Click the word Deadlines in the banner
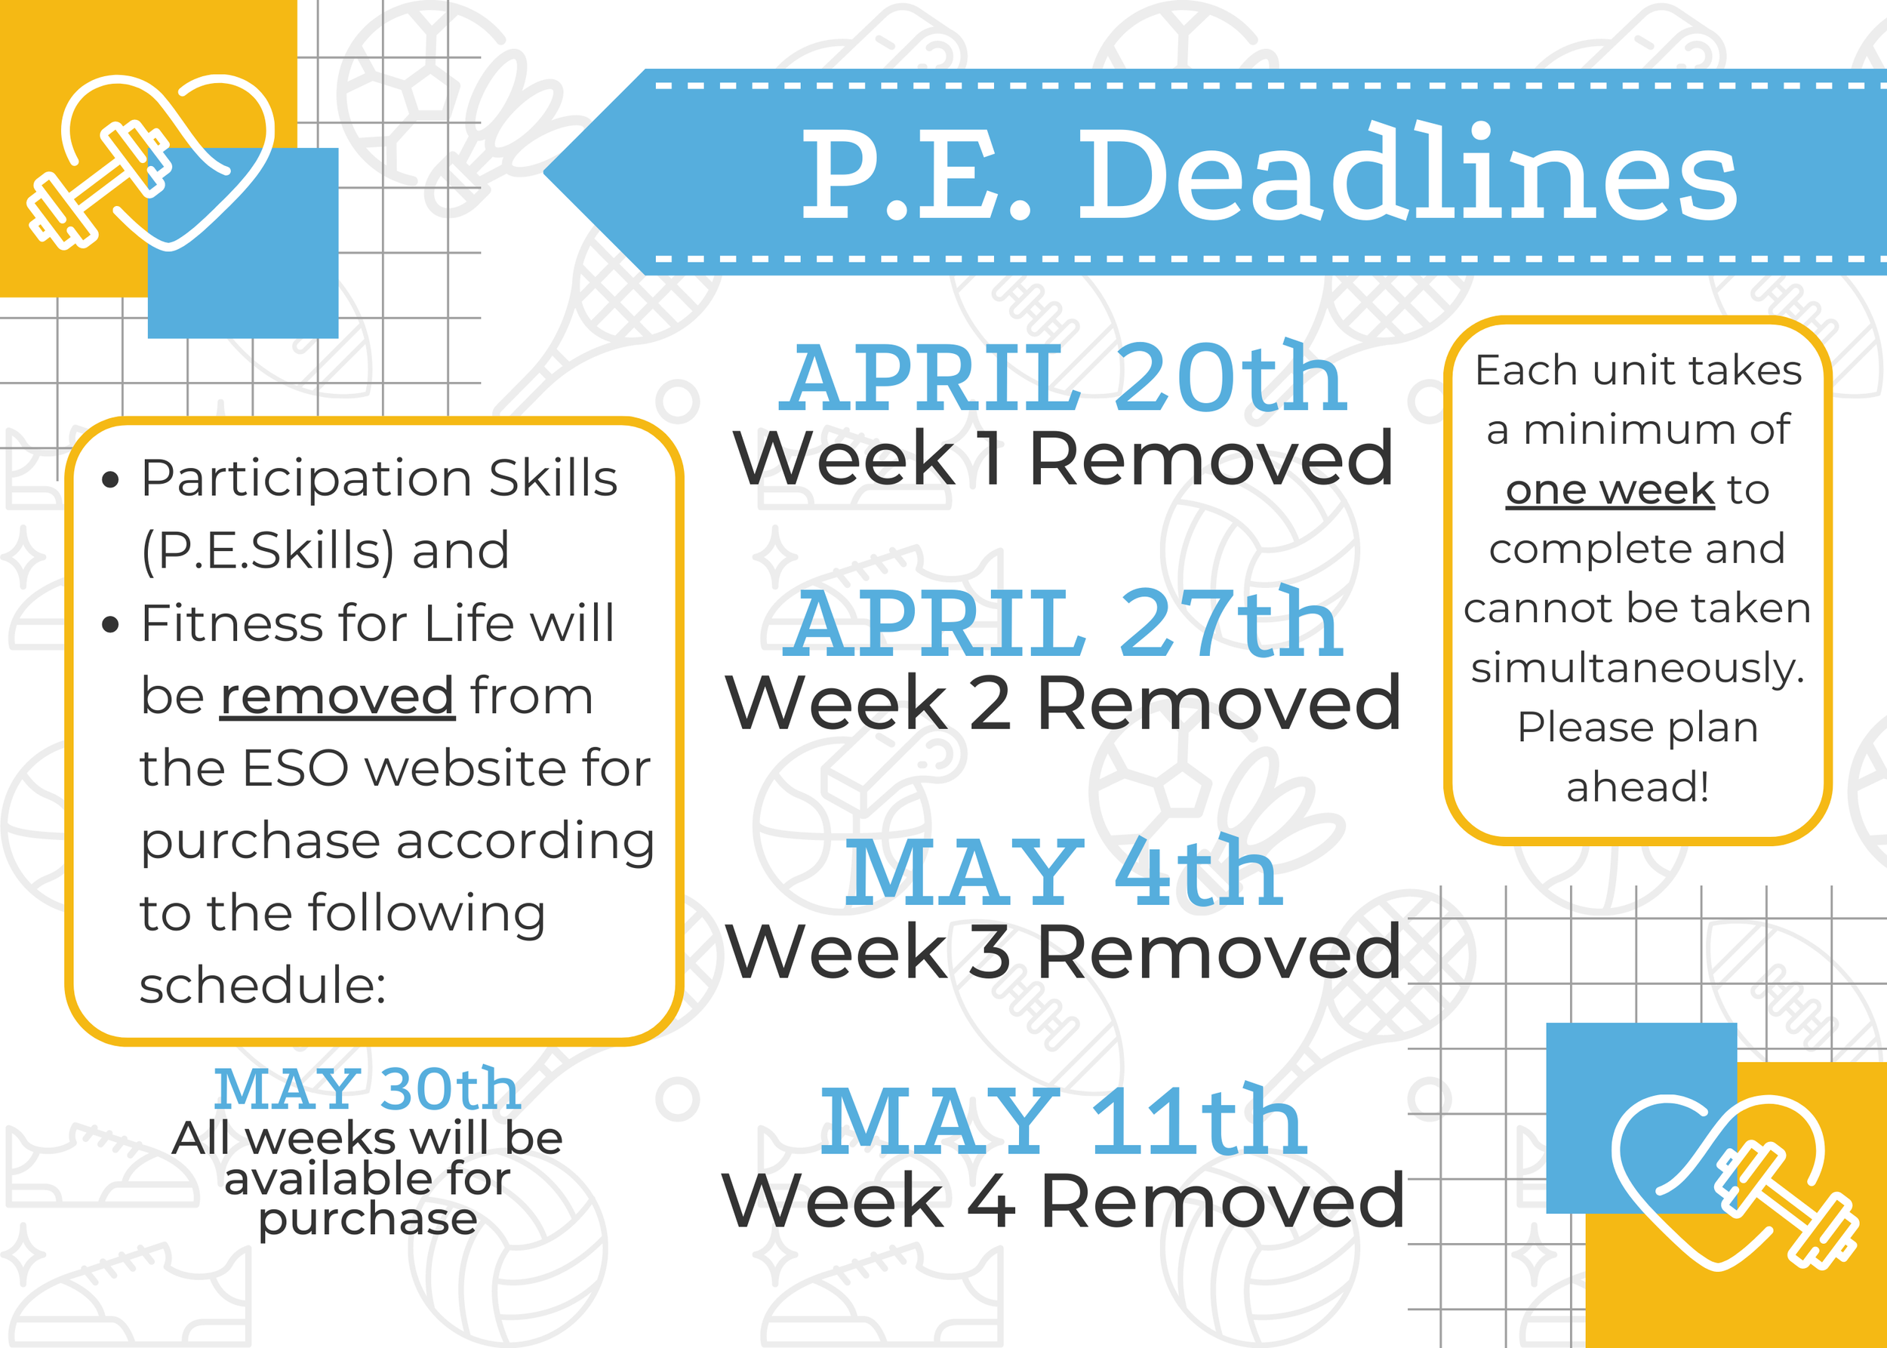(1407, 174)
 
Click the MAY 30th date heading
(367, 1089)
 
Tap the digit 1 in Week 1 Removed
(990, 458)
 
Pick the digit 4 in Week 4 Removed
(991, 1200)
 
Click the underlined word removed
(337, 696)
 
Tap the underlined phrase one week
(1610, 490)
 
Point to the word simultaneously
(1637, 668)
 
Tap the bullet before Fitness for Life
(110, 624)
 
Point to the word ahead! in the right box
(1637, 787)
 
